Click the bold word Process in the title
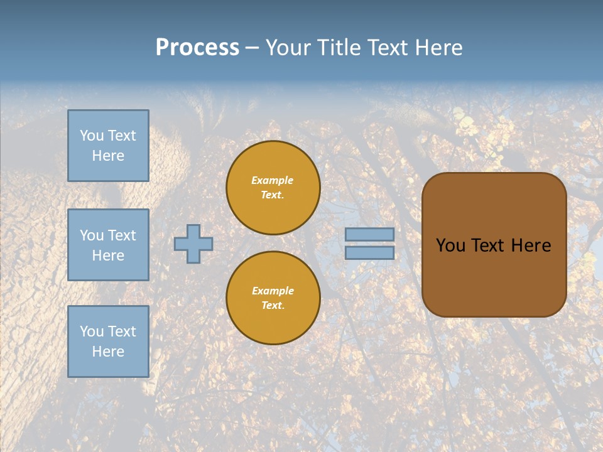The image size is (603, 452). point(197,48)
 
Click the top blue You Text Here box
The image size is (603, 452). point(108,146)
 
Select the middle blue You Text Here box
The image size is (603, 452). point(108,245)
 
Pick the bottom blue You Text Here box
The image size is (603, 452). point(108,342)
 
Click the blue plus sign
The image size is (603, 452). point(193,244)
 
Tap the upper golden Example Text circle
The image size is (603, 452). point(273,188)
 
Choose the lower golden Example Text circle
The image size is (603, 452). point(273,298)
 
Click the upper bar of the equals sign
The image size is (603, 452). point(370,235)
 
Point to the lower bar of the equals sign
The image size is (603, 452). point(370,253)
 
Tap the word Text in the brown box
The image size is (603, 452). point(489,245)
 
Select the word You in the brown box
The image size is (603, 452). point(450,245)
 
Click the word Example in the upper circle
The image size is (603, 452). point(273,181)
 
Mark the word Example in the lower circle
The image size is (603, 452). point(273,291)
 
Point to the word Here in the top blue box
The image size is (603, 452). point(108,156)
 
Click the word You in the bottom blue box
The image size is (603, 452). point(92,331)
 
